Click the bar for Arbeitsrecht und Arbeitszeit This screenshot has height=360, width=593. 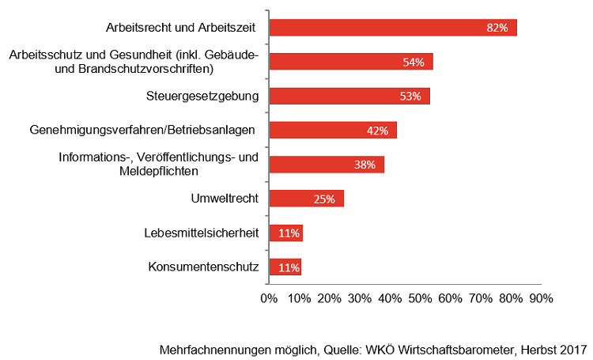pos(393,28)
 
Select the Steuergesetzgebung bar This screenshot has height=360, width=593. pos(349,97)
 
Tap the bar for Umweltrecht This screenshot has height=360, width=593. pos(307,199)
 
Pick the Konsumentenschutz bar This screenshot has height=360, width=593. pos(285,267)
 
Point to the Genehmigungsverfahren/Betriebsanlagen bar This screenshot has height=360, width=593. pos(333,131)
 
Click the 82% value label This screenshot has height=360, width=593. pos(497,28)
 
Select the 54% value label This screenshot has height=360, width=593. pos(413,63)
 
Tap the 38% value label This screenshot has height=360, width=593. pos(364,165)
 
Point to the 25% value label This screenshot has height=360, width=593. pos(324,199)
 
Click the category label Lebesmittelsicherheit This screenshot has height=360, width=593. pos(202,233)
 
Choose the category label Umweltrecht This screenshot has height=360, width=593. pos(225,199)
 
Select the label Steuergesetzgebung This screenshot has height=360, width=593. pos(202,97)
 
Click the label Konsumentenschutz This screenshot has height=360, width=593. pos(203,267)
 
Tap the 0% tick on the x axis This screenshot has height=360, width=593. pos(269,299)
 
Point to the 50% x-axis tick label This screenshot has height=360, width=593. pos(420,299)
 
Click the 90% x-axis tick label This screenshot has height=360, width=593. pos(541,299)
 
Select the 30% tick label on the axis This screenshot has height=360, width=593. pos(360,299)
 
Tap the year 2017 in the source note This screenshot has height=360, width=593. pos(572,349)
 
